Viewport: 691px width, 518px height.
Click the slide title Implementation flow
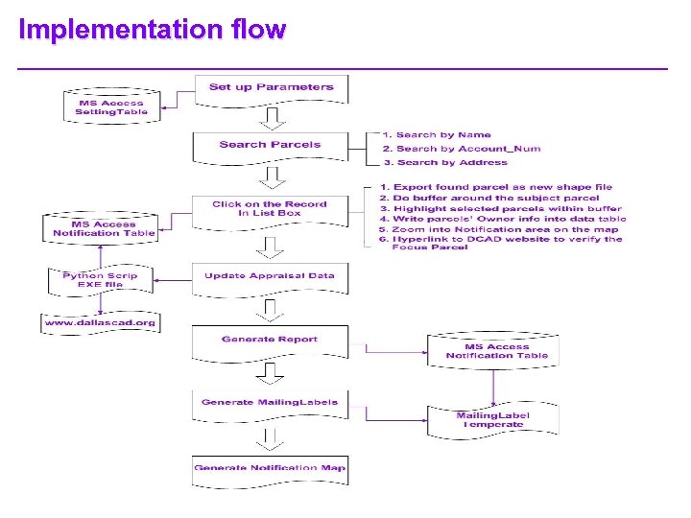[x=152, y=30]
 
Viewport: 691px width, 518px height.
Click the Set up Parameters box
[x=272, y=88]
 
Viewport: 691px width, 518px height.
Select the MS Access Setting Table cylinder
[x=110, y=108]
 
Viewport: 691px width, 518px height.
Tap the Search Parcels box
[x=270, y=145]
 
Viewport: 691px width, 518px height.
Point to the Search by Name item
[x=437, y=135]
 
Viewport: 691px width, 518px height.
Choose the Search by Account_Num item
[x=461, y=149]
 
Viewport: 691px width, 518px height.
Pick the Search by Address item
[x=444, y=162]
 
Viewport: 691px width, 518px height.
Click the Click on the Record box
[x=270, y=209]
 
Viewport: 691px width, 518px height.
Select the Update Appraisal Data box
[x=270, y=276]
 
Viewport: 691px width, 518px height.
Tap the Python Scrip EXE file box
[x=100, y=280]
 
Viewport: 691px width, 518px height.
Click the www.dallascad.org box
[x=100, y=323]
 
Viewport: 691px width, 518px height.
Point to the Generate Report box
[x=270, y=341]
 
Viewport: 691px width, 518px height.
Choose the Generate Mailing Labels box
[x=270, y=403]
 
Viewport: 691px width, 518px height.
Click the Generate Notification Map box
[x=270, y=469]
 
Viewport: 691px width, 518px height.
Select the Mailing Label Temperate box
[x=492, y=420]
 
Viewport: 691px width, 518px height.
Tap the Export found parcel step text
[x=495, y=187]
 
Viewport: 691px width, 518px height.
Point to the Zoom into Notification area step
[x=498, y=229]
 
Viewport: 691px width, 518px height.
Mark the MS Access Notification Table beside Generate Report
[x=496, y=351]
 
